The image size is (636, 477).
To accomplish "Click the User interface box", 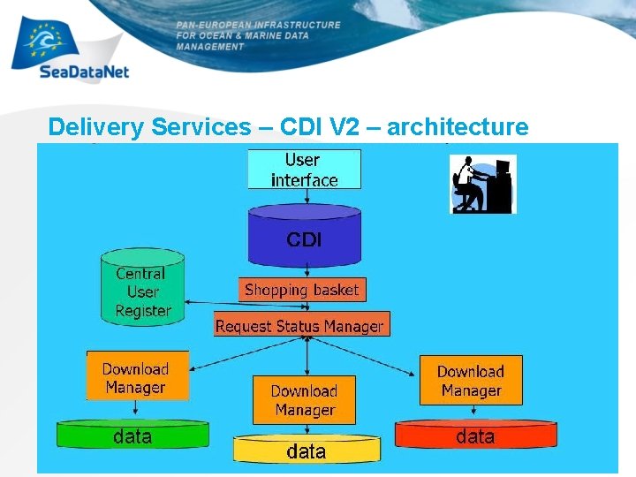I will pyautogui.click(x=304, y=170).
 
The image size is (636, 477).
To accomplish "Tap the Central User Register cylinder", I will pyautogui.click(x=143, y=290).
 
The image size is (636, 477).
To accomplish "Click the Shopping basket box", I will pyautogui.click(x=301, y=290).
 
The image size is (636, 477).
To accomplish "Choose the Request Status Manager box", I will pyautogui.click(x=300, y=325).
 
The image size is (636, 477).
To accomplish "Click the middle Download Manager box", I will pyautogui.click(x=304, y=399).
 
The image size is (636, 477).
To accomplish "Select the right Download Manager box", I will pyautogui.click(x=470, y=380).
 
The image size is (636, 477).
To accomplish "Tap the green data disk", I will pyautogui.click(x=132, y=435).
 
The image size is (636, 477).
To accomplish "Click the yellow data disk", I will pyautogui.click(x=306, y=450).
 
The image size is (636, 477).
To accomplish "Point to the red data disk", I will pyautogui.click(x=475, y=435).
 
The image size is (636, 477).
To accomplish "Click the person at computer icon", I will pyautogui.click(x=481, y=184).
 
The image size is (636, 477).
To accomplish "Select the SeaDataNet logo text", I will pyautogui.click(x=85, y=73).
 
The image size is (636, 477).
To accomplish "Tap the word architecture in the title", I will pyautogui.click(x=458, y=127).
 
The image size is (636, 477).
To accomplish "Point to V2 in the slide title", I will pyautogui.click(x=342, y=127).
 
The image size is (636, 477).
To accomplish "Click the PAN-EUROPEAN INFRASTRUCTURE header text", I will pyautogui.click(x=257, y=26).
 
